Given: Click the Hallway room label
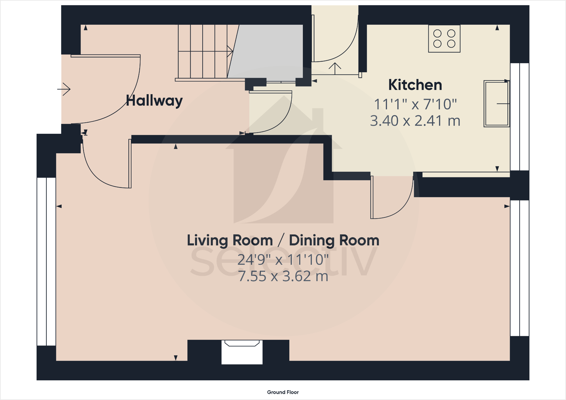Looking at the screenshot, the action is click(x=154, y=101).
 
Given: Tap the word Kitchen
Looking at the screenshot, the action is click(x=415, y=85).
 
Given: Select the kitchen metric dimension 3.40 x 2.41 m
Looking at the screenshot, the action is click(x=415, y=121).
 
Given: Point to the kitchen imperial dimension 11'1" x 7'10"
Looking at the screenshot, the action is click(x=415, y=104).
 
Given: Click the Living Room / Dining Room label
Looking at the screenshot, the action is click(x=283, y=241).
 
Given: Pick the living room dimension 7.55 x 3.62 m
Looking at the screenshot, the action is click(x=283, y=276).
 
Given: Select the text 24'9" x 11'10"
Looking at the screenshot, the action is click(x=283, y=259).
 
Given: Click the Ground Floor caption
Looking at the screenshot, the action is click(x=283, y=392).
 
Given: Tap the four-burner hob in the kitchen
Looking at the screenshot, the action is click(x=444, y=39).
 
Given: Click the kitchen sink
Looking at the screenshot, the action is click(x=496, y=104).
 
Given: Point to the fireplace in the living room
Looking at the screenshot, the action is click(x=242, y=352).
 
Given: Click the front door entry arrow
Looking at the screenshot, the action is click(x=64, y=89).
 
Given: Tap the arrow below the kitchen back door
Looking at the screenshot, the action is click(x=335, y=69).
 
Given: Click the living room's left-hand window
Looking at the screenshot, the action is click(x=46, y=261).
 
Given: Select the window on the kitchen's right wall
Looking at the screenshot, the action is click(x=520, y=117).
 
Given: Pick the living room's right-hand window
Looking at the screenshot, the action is click(x=520, y=268).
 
